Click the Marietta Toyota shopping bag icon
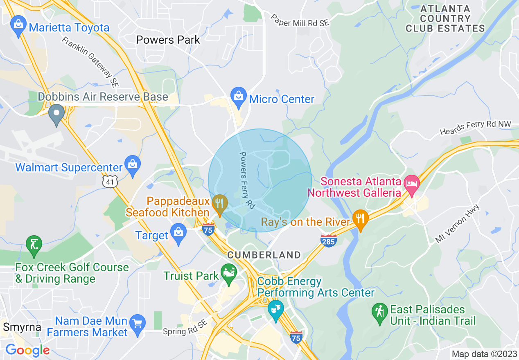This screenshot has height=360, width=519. pyautogui.click(x=18, y=25)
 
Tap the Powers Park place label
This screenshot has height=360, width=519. pyautogui.click(x=168, y=40)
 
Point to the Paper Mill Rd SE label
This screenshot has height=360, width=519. pyautogui.click(x=300, y=21)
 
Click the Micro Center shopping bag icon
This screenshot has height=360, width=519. pyautogui.click(x=238, y=97)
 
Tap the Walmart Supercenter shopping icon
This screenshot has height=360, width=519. pyautogui.click(x=133, y=165)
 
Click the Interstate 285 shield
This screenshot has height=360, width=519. pyautogui.click(x=328, y=240)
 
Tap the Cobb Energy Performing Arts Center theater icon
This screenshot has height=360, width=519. pyautogui.click(x=275, y=308)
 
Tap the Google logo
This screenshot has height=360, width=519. pyautogui.click(x=27, y=350)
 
